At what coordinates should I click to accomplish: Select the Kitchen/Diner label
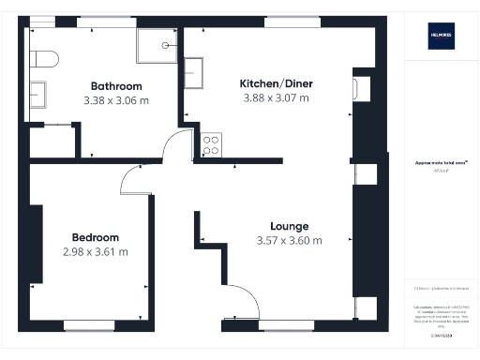pyautogui.click(x=277, y=83)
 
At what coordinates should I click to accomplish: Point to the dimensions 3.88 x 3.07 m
pyautogui.click(x=277, y=98)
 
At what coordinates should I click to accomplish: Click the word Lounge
pyautogui.click(x=289, y=226)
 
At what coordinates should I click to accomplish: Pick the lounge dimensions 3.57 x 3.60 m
pyautogui.click(x=289, y=241)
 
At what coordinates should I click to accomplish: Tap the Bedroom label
pyautogui.click(x=95, y=237)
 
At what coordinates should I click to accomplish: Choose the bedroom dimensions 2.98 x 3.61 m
pyautogui.click(x=95, y=251)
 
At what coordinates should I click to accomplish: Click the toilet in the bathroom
pyautogui.click(x=43, y=59)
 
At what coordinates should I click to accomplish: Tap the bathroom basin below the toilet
pyautogui.click(x=39, y=94)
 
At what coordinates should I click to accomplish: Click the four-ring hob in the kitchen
pyautogui.click(x=211, y=145)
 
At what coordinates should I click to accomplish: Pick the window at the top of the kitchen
pyautogui.click(x=283, y=21)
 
